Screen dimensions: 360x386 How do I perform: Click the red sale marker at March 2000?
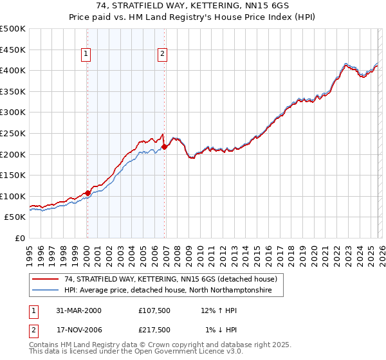tap(87, 193)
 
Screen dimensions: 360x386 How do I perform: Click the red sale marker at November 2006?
tap(164, 147)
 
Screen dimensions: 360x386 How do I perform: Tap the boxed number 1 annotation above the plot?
tap(87, 55)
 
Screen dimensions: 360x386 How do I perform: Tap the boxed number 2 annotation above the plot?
tap(163, 55)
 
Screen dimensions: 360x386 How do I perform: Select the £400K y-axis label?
tap(13, 70)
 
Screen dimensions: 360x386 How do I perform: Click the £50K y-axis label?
tap(15, 217)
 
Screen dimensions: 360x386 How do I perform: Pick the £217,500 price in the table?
tap(154, 329)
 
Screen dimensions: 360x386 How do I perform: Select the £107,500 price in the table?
tap(154, 310)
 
